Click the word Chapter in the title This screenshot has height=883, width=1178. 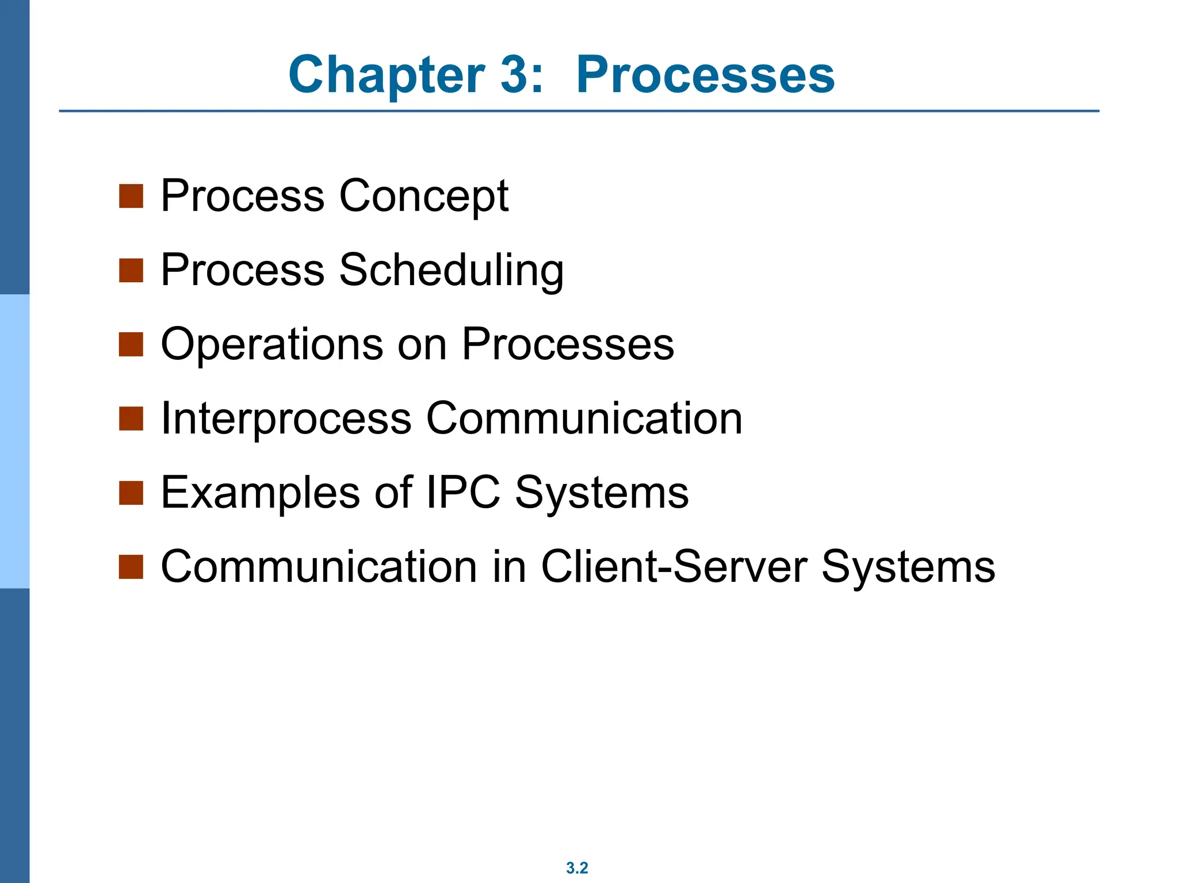point(387,75)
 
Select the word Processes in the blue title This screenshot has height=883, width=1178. point(705,75)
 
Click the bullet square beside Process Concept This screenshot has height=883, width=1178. point(131,196)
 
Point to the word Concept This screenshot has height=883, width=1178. point(424,196)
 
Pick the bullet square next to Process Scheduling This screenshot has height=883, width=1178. point(131,270)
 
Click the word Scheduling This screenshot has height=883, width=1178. point(452,270)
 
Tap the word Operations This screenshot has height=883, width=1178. point(271,344)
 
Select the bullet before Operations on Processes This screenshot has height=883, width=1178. point(131,345)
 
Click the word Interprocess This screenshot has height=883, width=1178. point(286,419)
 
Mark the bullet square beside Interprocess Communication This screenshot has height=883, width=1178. point(131,419)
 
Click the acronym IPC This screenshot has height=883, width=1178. point(463,493)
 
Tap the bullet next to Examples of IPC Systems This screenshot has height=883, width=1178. point(131,493)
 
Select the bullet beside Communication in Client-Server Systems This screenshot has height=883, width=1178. point(131,567)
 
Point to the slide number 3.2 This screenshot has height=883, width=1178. point(577,867)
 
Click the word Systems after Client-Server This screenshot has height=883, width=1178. point(908,567)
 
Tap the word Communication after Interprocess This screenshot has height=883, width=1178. point(584,419)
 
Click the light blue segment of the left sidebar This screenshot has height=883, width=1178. point(14,441)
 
